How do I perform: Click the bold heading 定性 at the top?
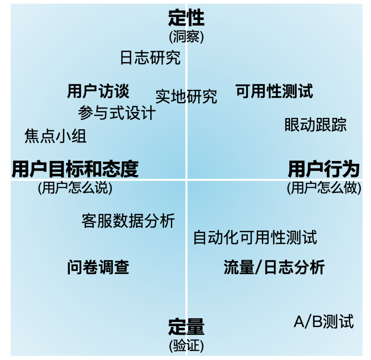point(186,18)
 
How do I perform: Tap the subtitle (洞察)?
point(186,37)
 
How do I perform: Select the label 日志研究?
point(150,57)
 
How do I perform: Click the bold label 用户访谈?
point(98,91)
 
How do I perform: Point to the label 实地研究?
point(186,96)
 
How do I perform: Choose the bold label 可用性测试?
point(274,91)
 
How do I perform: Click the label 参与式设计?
point(117,113)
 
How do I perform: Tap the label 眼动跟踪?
point(316,125)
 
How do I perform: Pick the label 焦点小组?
point(56,136)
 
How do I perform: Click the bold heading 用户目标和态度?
point(75,169)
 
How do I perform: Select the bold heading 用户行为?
point(324,169)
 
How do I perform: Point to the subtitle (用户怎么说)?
point(75,188)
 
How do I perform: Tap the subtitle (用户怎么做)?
point(324,188)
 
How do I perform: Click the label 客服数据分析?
point(128,221)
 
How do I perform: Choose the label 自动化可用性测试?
point(255,237)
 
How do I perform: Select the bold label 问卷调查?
point(98,267)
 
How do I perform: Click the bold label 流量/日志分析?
point(274,267)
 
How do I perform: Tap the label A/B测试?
point(324,321)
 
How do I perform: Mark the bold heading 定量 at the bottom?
point(186,327)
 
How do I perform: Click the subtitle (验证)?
point(186,346)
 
